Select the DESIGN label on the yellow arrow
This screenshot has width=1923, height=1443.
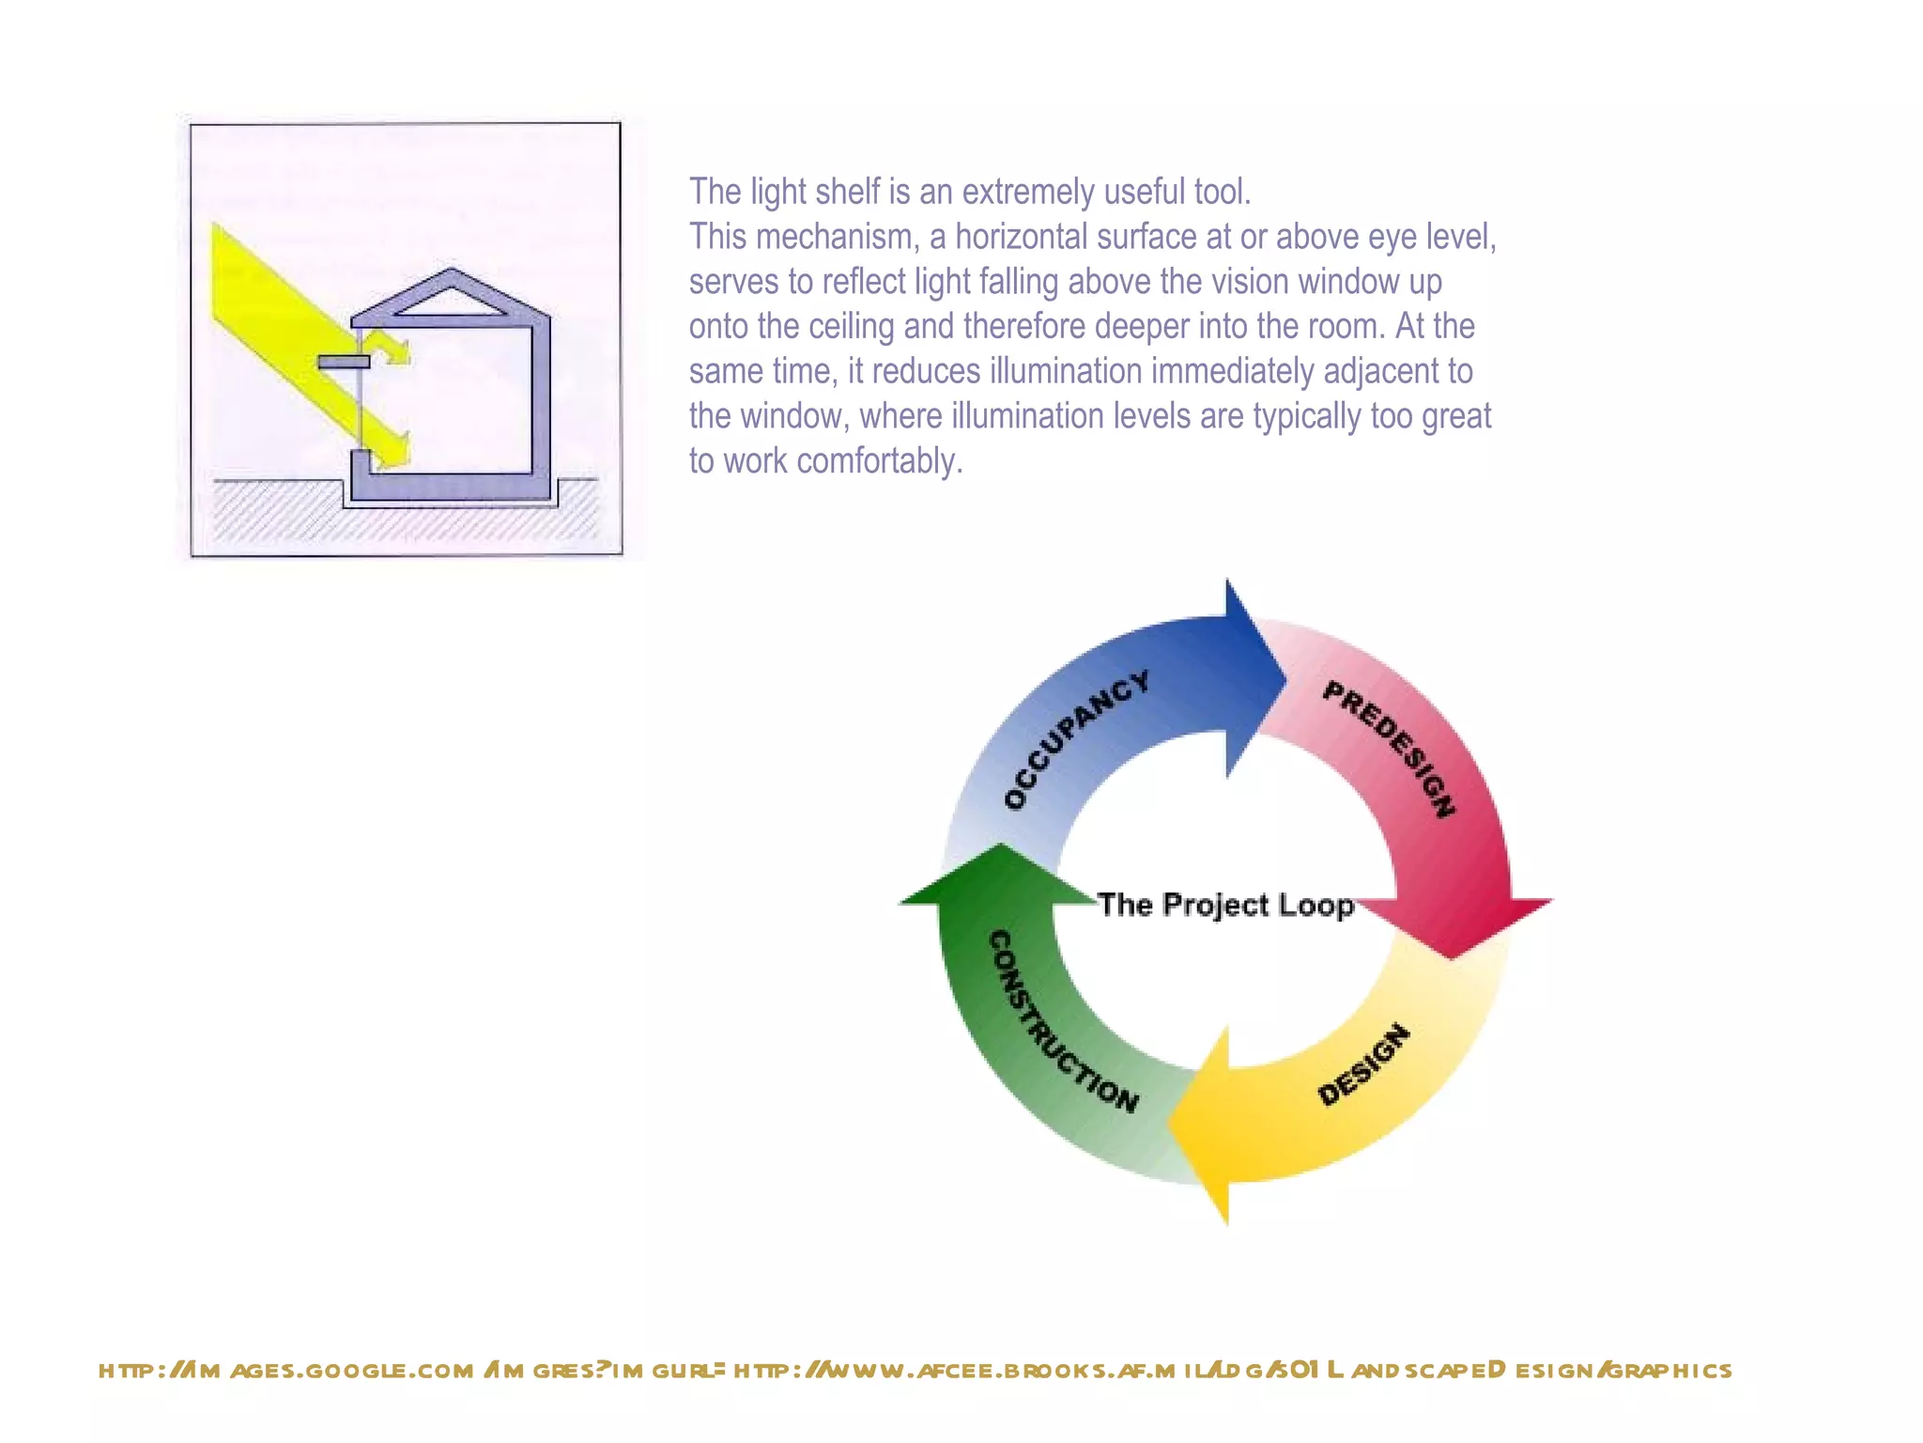(x=1363, y=1065)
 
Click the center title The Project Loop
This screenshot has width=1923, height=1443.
(x=1225, y=905)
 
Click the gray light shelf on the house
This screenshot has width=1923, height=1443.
(x=343, y=362)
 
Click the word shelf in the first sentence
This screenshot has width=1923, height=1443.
(x=847, y=192)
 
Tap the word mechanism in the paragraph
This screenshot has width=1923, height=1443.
(x=835, y=237)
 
